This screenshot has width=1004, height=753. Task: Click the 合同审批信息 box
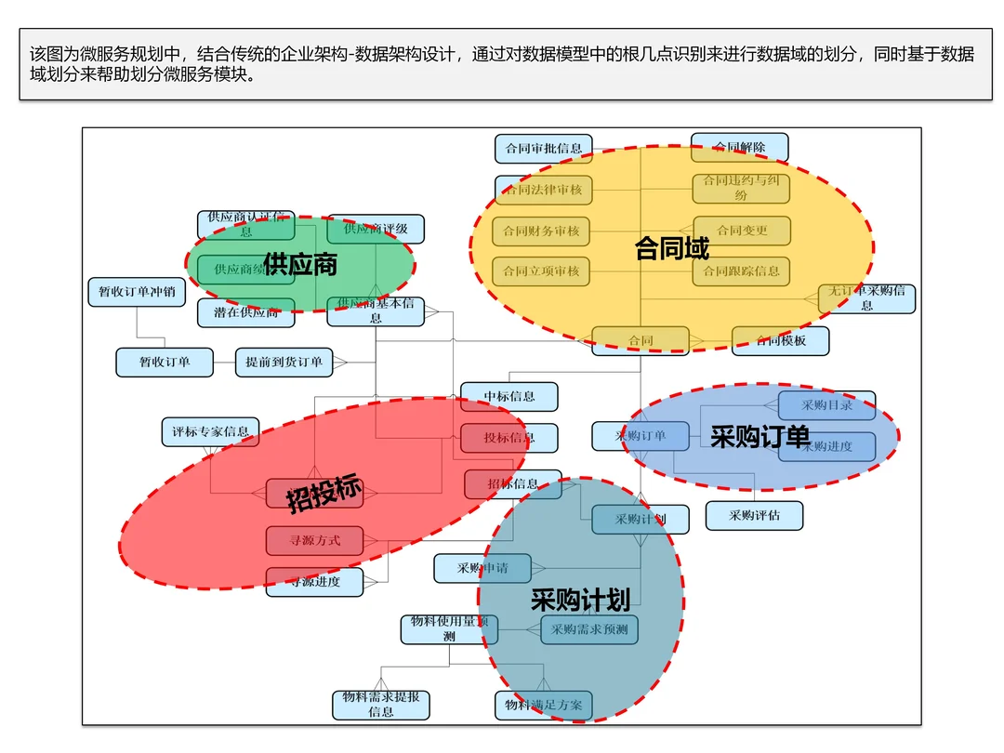(x=543, y=148)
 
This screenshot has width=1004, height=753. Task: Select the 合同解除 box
(x=739, y=147)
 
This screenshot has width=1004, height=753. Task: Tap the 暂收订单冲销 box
(x=137, y=292)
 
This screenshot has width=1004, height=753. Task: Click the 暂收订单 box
(x=165, y=362)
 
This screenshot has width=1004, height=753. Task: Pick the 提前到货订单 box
(x=284, y=362)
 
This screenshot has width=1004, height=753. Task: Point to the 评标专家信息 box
(x=210, y=431)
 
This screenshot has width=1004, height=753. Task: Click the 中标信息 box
(x=509, y=396)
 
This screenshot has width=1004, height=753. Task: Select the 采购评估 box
(x=754, y=515)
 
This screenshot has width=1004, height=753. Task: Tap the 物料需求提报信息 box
(x=381, y=704)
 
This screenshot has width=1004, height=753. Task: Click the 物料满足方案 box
(x=543, y=705)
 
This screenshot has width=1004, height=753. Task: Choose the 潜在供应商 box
(x=245, y=312)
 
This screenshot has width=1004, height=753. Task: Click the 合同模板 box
(x=780, y=340)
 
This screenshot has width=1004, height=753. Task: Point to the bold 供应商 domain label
(x=299, y=264)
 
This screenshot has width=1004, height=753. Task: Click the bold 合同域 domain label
(x=671, y=248)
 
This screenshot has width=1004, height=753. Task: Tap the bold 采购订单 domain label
(x=760, y=436)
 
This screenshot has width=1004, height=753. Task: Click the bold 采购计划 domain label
(x=580, y=600)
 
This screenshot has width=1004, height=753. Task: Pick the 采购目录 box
(x=826, y=405)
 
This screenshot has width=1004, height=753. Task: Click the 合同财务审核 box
(x=541, y=231)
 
